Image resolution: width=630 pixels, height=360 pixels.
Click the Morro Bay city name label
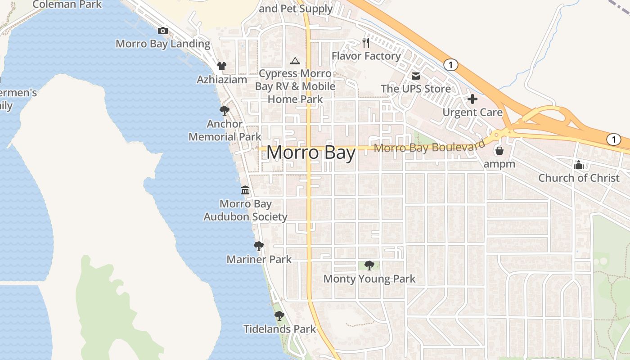[311, 153]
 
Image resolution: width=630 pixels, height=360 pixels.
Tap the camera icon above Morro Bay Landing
[163, 31]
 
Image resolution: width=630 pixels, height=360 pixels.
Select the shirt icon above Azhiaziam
[221, 66]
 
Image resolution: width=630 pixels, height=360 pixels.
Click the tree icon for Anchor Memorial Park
[224, 111]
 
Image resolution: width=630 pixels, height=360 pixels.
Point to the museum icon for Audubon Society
[245, 190]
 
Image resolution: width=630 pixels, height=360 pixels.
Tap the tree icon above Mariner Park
[258, 246]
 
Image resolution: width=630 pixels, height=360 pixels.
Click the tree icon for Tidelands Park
[279, 316]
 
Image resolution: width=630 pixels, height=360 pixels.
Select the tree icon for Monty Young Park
[369, 265]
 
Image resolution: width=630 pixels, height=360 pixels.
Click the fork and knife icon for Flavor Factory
[366, 43]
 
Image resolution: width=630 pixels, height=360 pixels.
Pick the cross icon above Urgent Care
[472, 99]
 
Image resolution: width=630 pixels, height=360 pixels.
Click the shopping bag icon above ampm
[499, 151]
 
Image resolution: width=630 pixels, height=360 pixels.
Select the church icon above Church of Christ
[579, 165]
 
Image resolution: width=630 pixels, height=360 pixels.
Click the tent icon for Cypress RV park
[295, 61]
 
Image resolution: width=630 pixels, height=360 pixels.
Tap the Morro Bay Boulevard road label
[429, 147]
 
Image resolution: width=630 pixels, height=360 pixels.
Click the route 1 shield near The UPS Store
[450, 65]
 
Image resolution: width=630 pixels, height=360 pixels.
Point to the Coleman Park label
[67, 4]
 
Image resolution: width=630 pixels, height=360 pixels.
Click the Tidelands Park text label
[280, 329]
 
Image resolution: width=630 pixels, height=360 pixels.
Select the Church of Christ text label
[579, 178]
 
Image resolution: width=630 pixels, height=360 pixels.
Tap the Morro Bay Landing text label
[163, 44]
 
